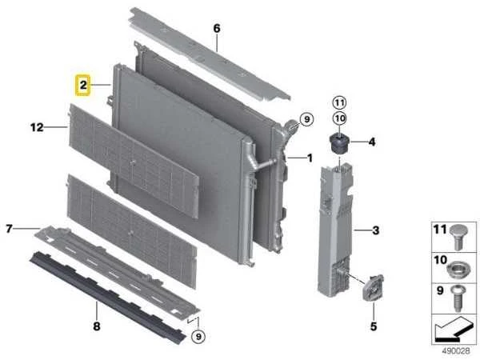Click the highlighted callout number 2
click(83, 85)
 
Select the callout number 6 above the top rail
click(217, 29)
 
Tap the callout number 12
click(37, 127)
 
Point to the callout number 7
click(10, 228)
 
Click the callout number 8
click(97, 326)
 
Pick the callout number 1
click(310, 158)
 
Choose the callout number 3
click(376, 230)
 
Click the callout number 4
click(372, 142)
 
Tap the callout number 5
click(374, 326)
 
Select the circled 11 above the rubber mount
click(339, 103)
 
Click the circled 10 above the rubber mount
click(339, 118)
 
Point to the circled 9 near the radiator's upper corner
click(306, 118)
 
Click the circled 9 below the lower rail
click(198, 337)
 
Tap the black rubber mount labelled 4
click(339, 143)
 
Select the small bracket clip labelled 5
click(373, 287)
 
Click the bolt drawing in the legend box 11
click(458, 237)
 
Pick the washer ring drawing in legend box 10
click(458, 270)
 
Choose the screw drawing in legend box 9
click(458, 298)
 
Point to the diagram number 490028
click(455, 350)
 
